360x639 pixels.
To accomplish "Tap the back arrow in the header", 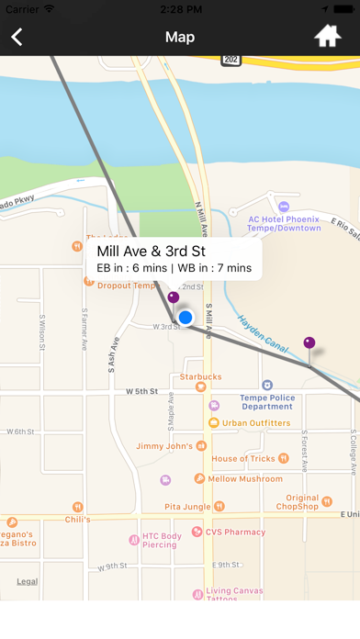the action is pyautogui.click(x=17, y=37).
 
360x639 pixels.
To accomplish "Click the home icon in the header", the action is pyautogui.click(x=328, y=37).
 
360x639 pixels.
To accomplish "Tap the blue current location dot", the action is pyautogui.click(x=186, y=318).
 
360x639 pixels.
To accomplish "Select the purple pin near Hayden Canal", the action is pyautogui.click(x=309, y=344).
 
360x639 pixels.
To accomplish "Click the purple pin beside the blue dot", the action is pyautogui.click(x=173, y=297).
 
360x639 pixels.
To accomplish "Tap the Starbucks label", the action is pyautogui.click(x=200, y=376).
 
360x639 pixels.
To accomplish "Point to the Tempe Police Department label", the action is pyautogui.click(x=266, y=401).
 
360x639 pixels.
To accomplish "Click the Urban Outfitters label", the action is pyautogui.click(x=256, y=423).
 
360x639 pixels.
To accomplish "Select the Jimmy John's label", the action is pyautogui.click(x=163, y=446).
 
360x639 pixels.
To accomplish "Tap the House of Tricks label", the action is pyautogui.click(x=242, y=458).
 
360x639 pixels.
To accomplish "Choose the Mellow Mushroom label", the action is pyautogui.click(x=244, y=478).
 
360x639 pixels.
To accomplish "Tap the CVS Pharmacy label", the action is pyautogui.click(x=235, y=532).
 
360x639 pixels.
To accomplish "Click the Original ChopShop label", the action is pyautogui.click(x=296, y=501).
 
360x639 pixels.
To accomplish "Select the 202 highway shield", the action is pyautogui.click(x=231, y=60).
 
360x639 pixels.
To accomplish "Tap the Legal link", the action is pyautogui.click(x=27, y=581).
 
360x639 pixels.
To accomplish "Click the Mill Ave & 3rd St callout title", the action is pyautogui.click(x=151, y=251).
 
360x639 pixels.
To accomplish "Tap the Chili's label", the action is pyautogui.click(x=103, y=520).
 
